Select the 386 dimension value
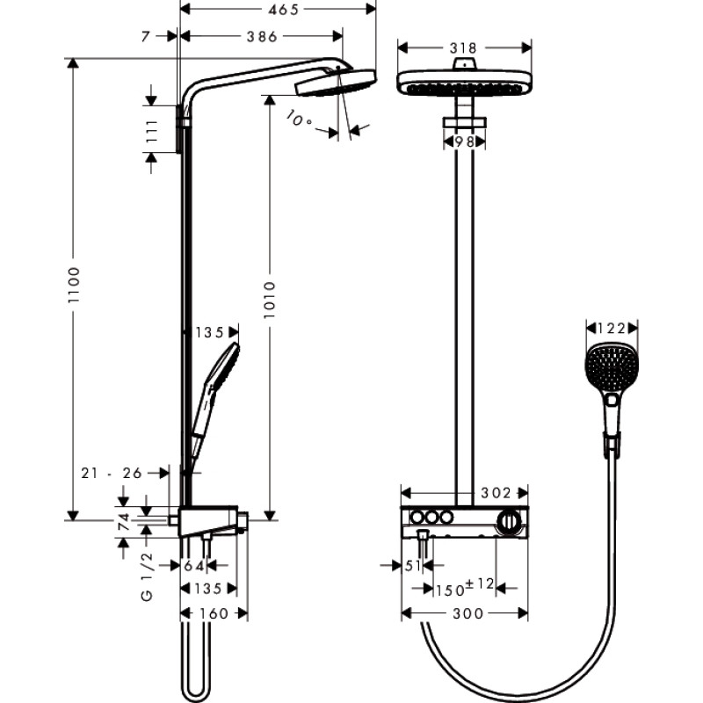click(x=261, y=36)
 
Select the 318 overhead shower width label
click(x=465, y=48)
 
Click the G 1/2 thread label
click(x=148, y=576)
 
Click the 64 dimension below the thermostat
click(x=194, y=565)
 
